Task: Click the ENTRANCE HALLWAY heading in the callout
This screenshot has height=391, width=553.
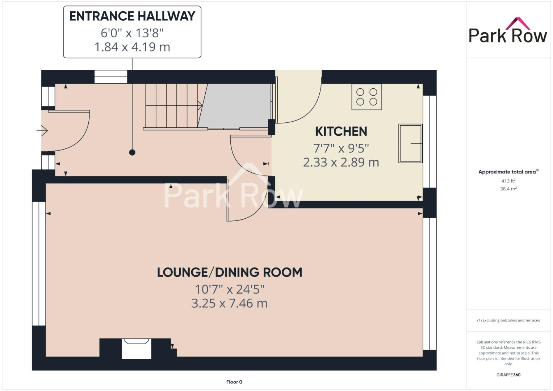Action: pyautogui.click(x=132, y=16)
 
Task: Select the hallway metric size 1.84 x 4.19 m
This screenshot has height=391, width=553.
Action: pyautogui.click(x=132, y=47)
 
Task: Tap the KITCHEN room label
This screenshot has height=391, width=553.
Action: pyautogui.click(x=341, y=131)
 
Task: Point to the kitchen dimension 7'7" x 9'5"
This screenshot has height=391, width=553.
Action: pyautogui.click(x=341, y=148)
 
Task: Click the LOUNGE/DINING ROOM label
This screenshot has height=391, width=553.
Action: pyautogui.click(x=229, y=272)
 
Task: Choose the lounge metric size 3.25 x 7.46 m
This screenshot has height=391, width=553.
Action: pyautogui.click(x=229, y=303)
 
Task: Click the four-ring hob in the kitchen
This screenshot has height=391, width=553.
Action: pyautogui.click(x=366, y=97)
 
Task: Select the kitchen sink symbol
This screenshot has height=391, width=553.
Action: pyautogui.click(x=410, y=143)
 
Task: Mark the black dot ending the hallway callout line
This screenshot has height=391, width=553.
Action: pyautogui.click(x=132, y=152)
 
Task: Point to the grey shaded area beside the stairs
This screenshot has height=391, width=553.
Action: pyautogui.click(x=237, y=106)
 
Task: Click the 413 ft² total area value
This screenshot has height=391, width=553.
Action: pyautogui.click(x=508, y=181)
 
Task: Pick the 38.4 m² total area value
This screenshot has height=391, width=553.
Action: pyautogui.click(x=508, y=189)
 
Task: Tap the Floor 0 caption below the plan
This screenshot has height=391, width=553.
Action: pyautogui.click(x=234, y=382)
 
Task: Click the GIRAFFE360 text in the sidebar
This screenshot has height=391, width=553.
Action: pyautogui.click(x=508, y=375)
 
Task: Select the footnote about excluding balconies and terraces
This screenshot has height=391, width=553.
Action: pyautogui.click(x=508, y=320)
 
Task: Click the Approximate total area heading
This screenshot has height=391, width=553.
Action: pyautogui.click(x=508, y=172)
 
